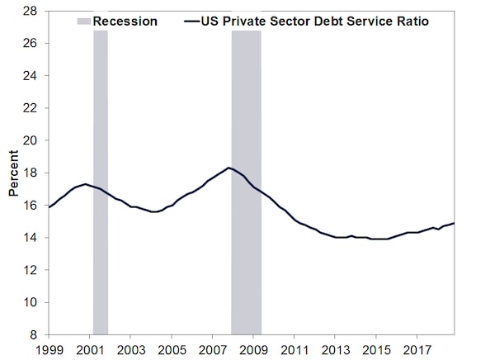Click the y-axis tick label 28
pyautogui.click(x=30, y=12)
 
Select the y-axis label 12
pyautogui.click(x=30, y=270)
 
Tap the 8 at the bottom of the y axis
pyautogui.click(x=34, y=334)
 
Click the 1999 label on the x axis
pyautogui.click(x=49, y=350)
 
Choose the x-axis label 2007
pyautogui.click(x=213, y=350)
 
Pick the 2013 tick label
pyautogui.click(x=336, y=350)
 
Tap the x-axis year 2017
pyautogui.click(x=417, y=350)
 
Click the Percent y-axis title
pyautogui.click(x=13, y=173)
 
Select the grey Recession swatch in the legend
pyautogui.click(x=84, y=21)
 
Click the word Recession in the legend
pyautogui.click(x=125, y=21)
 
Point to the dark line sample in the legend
pyautogui.click(x=192, y=21)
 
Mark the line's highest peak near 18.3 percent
pyautogui.click(x=229, y=168)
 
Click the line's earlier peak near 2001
pyautogui.click(x=85, y=184)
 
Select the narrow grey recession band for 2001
pyautogui.click(x=101, y=182)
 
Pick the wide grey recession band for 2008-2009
pyautogui.click(x=246, y=182)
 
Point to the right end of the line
pyautogui.click(x=454, y=223)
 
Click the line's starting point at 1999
pyautogui.click(x=49, y=207)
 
